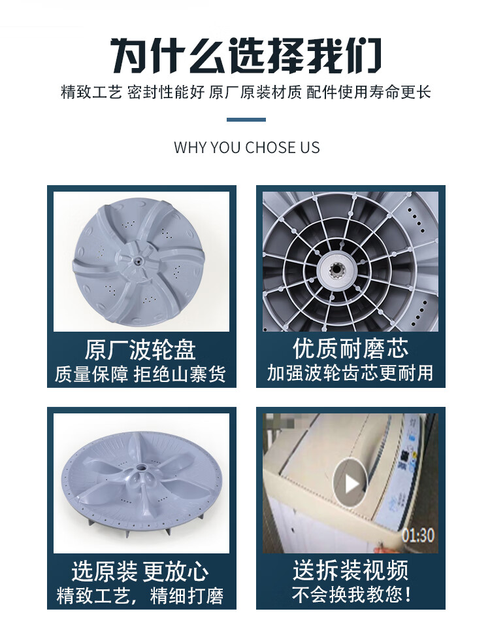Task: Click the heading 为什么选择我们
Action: (x=246, y=55)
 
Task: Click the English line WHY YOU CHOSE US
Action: (x=247, y=148)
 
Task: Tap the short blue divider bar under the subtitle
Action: (x=246, y=119)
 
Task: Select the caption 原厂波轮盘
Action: (x=140, y=350)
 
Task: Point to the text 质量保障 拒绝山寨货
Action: (x=140, y=374)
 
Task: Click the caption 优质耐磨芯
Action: (x=350, y=348)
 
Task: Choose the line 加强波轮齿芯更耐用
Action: (x=350, y=372)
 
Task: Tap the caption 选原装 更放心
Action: (x=140, y=571)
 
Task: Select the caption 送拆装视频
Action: (x=350, y=570)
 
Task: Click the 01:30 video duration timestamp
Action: (x=418, y=535)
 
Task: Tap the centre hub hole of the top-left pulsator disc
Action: (x=138, y=262)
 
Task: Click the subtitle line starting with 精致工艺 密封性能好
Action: (x=246, y=92)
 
